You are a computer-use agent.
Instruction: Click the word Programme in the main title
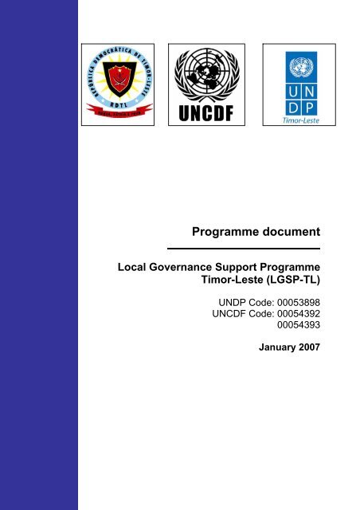(225, 232)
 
